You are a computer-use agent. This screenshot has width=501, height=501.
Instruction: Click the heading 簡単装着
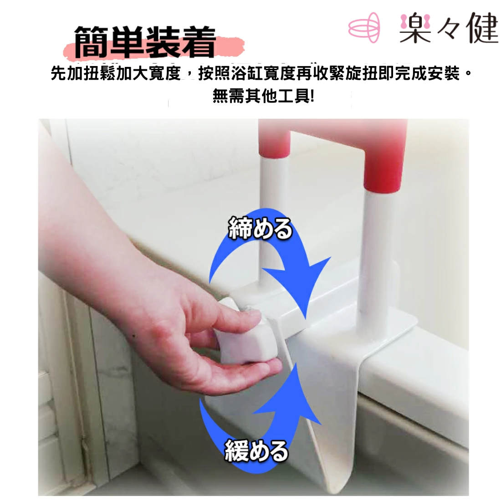point(145,42)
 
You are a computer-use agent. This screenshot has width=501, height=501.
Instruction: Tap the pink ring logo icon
point(364,28)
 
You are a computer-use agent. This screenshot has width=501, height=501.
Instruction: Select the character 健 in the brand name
point(483,28)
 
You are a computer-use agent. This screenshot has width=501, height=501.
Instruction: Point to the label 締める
point(260,228)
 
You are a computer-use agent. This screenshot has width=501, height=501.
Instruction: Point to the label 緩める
point(256,451)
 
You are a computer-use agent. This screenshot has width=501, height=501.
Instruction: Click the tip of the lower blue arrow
point(296,364)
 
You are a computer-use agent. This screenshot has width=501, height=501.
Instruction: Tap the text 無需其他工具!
point(263,96)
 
